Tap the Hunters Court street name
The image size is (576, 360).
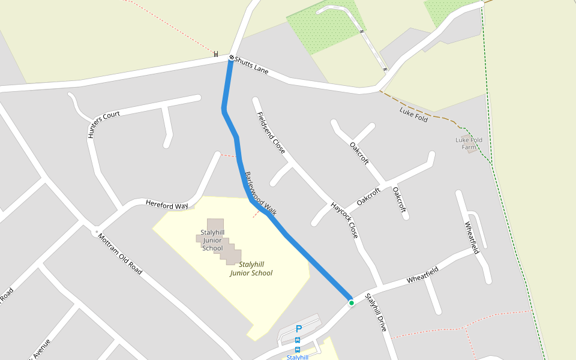click(x=104, y=125)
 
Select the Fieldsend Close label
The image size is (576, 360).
click(x=271, y=133)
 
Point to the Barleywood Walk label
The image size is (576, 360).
click(x=260, y=194)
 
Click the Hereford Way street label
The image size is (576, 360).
click(x=167, y=205)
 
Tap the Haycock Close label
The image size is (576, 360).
click(x=344, y=220)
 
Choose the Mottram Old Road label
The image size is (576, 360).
click(x=120, y=254)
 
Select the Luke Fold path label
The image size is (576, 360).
click(x=413, y=114)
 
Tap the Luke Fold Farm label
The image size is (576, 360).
click(x=469, y=143)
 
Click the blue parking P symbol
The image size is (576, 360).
click(x=299, y=329)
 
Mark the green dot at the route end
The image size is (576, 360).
click(x=351, y=303)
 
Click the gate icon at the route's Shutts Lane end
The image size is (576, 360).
click(x=231, y=58)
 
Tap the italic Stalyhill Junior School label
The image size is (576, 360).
click(x=251, y=268)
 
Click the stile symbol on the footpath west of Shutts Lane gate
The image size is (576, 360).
click(x=216, y=54)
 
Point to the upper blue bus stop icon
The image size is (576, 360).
click(x=298, y=340)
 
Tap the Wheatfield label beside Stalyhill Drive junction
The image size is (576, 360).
click(x=422, y=275)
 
